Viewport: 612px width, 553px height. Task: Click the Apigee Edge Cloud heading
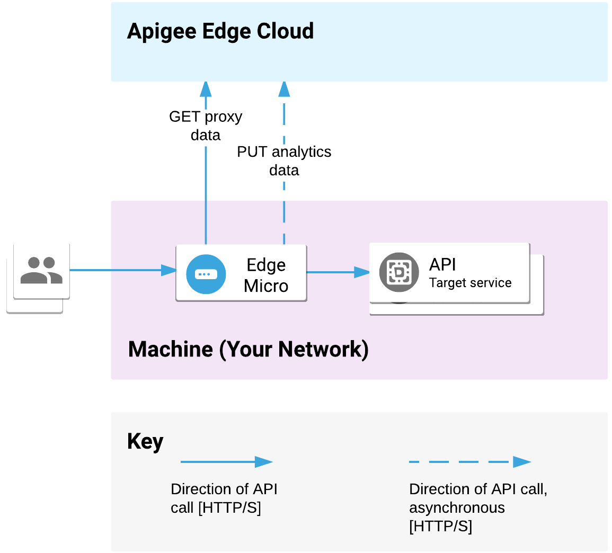pyautogui.click(x=220, y=31)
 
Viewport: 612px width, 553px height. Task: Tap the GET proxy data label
pyautogui.click(x=206, y=126)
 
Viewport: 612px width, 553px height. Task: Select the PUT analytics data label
pyautogui.click(x=284, y=160)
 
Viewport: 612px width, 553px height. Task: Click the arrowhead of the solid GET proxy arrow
pyautogui.click(x=206, y=88)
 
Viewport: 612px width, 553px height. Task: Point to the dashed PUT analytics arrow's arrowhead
pyautogui.click(x=284, y=89)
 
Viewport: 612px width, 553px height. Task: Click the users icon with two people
pyautogui.click(x=41, y=270)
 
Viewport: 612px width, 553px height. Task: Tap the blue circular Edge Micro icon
pyautogui.click(x=206, y=274)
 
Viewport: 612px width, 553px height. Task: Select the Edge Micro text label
pyautogui.click(x=266, y=275)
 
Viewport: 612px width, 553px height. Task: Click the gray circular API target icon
pyautogui.click(x=399, y=272)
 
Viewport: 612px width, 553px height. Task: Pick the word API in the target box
pyautogui.click(x=442, y=264)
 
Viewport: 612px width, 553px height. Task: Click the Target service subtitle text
pyautogui.click(x=470, y=283)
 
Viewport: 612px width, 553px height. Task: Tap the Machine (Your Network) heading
pyautogui.click(x=248, y=350)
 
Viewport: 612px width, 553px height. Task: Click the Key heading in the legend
pyautogui.click(x=145, y=441)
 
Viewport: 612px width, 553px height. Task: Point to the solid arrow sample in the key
pyautogui.click(x=226, y=462)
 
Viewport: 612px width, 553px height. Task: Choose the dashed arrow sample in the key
pyautogui.click(x=469, y=462)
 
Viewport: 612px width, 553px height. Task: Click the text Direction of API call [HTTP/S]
pyautogui.click(x=224, y=498)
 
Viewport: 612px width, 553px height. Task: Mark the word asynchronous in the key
pyautogui.click(x=457, y=507)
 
